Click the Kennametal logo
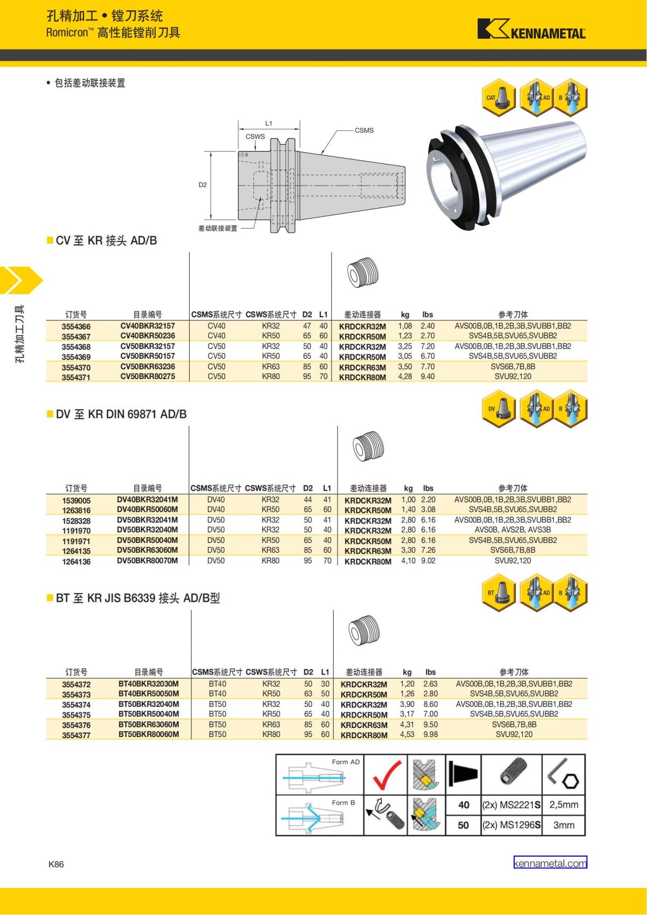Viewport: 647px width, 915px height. pos(532,29)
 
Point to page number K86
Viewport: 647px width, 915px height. pos(56,864)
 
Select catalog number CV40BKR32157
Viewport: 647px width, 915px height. pos(147,326)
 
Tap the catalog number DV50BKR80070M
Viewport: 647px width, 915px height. pos(147,560)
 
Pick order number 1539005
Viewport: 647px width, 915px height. pos(77,500)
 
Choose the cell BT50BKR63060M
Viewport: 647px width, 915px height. pos(149,724)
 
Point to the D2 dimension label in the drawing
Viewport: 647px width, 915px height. pos(203,185)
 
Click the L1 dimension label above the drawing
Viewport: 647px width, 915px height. pos(269,123)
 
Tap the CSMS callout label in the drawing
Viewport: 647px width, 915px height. pos(364,130)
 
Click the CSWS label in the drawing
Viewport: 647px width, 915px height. pos(255,136)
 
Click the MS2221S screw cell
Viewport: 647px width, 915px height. pos(511,805)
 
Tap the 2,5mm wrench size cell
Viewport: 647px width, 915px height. pos(563,804)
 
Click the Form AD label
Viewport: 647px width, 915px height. pos(346,762)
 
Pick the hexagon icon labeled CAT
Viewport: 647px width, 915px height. pos(499,97)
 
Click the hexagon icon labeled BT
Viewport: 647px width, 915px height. pos(499,593)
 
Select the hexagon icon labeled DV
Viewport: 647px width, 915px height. pos(499,409)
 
